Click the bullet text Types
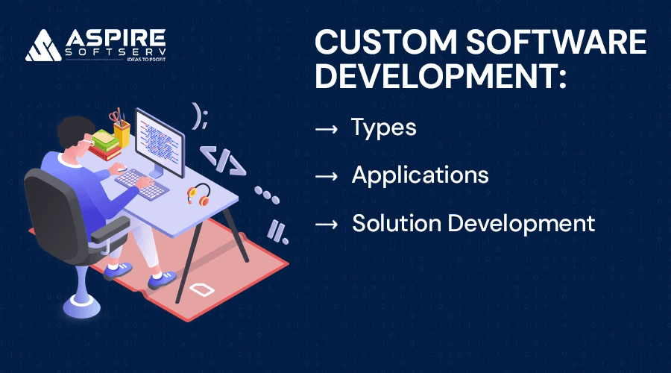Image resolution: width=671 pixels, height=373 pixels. coord(383,128)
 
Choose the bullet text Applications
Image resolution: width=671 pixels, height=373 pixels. coord(420,175)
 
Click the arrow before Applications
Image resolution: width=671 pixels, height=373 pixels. coord(327,176)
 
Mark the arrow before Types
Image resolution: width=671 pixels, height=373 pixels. coord(327,128)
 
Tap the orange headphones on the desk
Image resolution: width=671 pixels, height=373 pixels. coord(199,194)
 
